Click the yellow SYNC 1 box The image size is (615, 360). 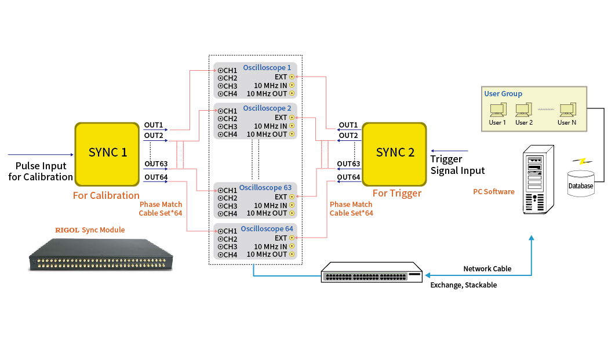107,152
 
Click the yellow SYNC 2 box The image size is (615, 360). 394,152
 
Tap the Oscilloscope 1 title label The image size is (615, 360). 267,68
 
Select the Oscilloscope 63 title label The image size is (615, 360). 265,188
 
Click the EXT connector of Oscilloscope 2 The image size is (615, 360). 292,118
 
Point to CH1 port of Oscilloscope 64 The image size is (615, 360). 221,231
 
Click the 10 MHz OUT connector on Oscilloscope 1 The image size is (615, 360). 292,93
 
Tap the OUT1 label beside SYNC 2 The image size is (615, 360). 348,125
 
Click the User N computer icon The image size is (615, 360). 567,110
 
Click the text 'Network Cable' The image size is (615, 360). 487,269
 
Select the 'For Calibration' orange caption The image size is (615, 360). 106,195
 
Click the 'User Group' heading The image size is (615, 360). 503,93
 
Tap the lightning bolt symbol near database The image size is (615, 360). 578,161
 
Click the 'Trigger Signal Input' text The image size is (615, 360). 457,165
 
